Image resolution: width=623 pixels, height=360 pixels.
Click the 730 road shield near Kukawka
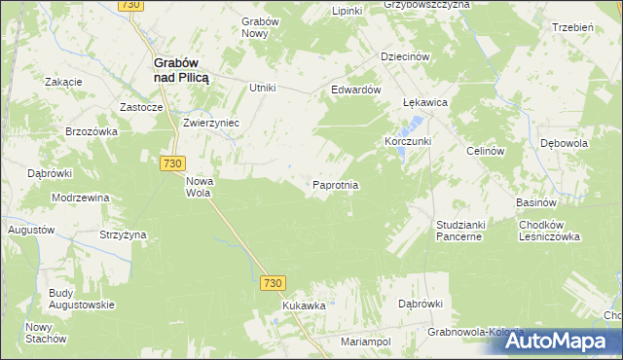click(273, 283)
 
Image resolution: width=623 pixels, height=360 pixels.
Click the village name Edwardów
click(354, 89)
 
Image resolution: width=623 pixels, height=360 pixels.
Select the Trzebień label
click(572, 27)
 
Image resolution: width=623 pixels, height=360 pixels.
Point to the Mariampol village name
click(366, 342)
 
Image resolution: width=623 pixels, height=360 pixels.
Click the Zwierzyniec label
click(211, 124)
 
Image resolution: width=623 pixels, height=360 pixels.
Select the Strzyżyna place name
click(123, 234)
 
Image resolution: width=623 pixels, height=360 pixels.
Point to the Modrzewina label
click(82, 198)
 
